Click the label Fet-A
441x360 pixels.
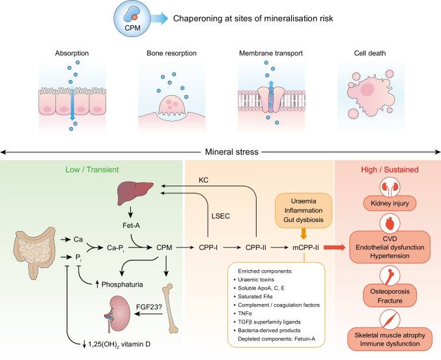[139, 228]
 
